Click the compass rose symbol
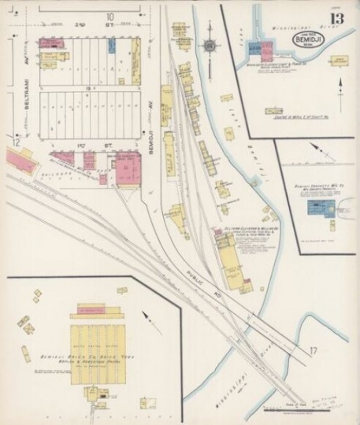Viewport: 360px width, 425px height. click(x=210, y=46)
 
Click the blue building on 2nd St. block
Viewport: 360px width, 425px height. click(x=113, y=46)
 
